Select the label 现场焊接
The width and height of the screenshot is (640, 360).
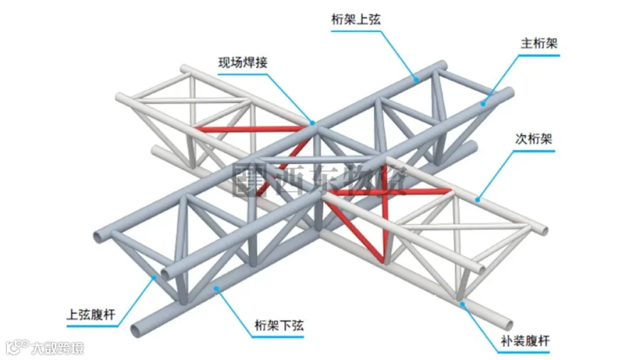click(242, 63)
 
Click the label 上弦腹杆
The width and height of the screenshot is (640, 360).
click(91, 313)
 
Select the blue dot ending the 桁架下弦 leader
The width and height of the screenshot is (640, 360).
click(216, 287)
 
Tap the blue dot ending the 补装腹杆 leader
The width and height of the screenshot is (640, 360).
click(462, 304)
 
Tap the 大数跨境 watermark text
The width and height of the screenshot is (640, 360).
click(57, 348)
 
